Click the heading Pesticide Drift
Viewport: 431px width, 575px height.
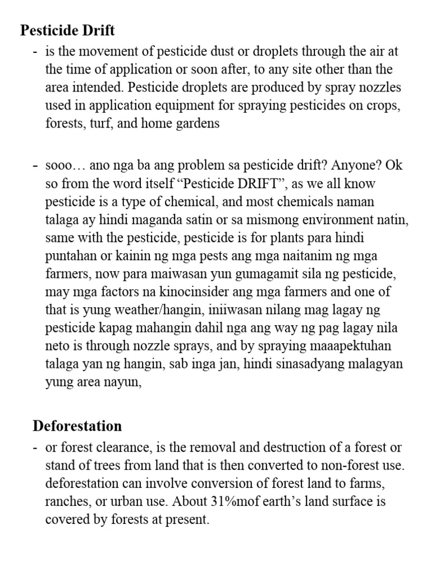[67, 30]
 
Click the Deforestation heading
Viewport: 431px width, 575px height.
[77, 426]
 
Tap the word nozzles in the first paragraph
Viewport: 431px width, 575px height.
[380, 88]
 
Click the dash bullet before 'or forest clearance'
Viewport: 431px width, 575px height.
[35, 448]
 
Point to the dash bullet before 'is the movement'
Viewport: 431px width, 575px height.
[35, 52]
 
